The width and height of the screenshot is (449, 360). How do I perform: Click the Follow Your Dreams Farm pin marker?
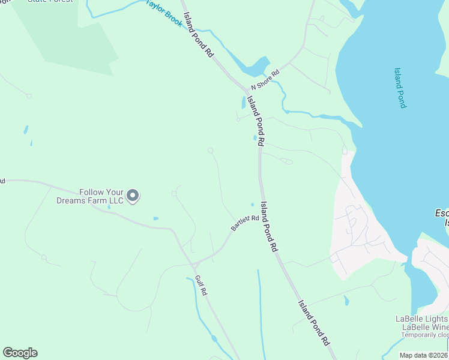pyautogui.click(x=133, y=196)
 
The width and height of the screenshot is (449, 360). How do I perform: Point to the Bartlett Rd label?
pyautogui.click(x=245, y=223)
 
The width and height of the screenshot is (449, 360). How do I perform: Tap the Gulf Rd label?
pyautogui.click(x=201, y=285)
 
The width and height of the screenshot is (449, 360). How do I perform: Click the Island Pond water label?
pyautogui.click(x=400, y=88)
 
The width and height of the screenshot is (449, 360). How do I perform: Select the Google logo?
pyautogui.click(x=20, y=353)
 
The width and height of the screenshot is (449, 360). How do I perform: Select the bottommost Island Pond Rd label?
pyautogui.click(x=314, y=322)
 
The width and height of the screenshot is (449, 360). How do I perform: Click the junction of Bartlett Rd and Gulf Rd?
pyautogui.click(x=196, y=264)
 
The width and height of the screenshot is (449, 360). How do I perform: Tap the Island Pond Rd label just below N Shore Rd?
pyautogui.click(x=256, y=116)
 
